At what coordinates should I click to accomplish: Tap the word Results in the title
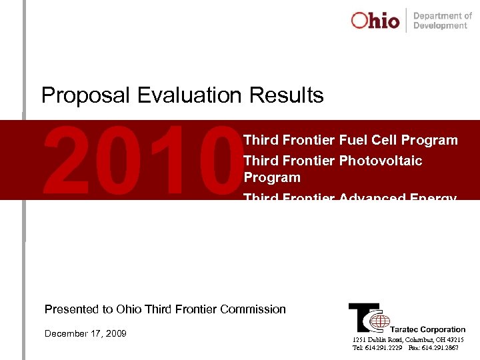pos(287,95)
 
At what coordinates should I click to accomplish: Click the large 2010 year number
pos(139,160)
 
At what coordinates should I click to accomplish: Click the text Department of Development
pos(442,21)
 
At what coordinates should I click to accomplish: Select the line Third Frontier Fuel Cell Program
pos(351,141)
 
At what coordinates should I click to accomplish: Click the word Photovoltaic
pos(380,161)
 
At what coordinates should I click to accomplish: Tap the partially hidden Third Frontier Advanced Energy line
pos(351,197)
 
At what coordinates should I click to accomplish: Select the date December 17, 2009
pos(85,333)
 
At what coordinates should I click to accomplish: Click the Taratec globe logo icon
pos(379,322)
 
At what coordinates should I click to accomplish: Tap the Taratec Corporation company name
pos(427,329)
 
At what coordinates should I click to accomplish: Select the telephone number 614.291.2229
pos(383,348)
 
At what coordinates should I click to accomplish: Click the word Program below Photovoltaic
pos(272,178)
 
